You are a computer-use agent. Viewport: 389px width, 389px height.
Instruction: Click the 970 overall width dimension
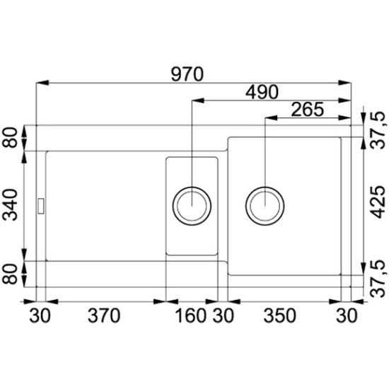pyautogui.click(x=187, y=74)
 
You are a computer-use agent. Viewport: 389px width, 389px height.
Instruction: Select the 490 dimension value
pyautogui.click(x=262, y=92)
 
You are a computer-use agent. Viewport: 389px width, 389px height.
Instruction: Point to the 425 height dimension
pyautogui.click(x=377, y=202)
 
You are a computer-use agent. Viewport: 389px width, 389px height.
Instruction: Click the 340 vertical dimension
pyautogui.click(x=10, y=204)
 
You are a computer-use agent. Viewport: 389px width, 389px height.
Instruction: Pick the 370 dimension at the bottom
pyautogui.click(x=104, y=315)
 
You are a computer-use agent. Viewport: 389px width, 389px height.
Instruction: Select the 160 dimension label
pyautogui.click(x=190, y=315)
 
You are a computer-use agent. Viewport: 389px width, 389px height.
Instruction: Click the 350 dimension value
pyautogui.click(x=279, y=315)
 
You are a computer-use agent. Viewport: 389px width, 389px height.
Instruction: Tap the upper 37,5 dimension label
pyautogui.click(x=377, y=130)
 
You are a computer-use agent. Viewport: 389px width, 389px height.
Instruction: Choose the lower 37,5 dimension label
pyautogui.click(x=377, y=279)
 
